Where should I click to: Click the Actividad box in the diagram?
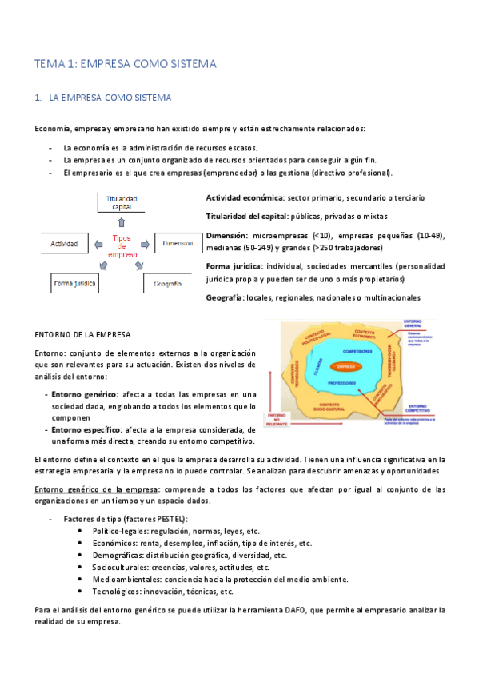pos(63,243)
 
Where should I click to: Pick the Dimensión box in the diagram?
pos(177,243)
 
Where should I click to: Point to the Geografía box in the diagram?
pos(167,283)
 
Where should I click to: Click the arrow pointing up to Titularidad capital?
pos(121,223)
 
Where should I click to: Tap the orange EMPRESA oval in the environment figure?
pos(345,367)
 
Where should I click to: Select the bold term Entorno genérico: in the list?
pos(84,393)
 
